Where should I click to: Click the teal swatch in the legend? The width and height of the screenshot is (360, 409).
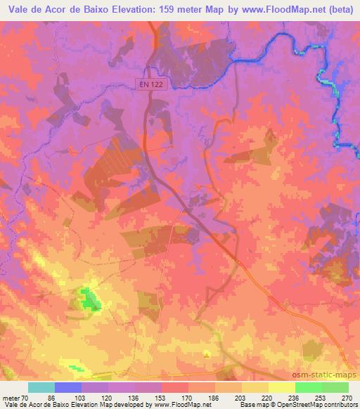41,387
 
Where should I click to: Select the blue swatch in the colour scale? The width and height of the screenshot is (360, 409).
68,387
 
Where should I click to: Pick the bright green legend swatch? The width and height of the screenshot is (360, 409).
309,387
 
